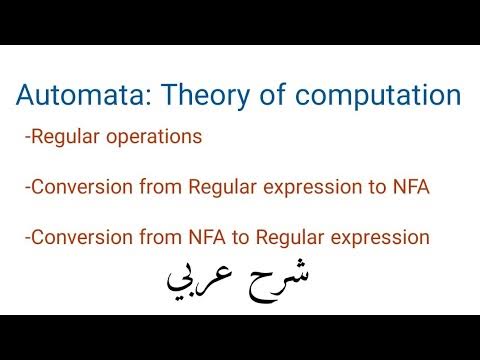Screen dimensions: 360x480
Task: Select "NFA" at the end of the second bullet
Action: pyautogui.click(x=411, y=187)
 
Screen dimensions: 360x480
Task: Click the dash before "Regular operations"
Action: pyautogui.click(x=28, y=137)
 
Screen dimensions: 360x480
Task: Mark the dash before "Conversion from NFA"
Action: pyautogui.click(x=28, y=239)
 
